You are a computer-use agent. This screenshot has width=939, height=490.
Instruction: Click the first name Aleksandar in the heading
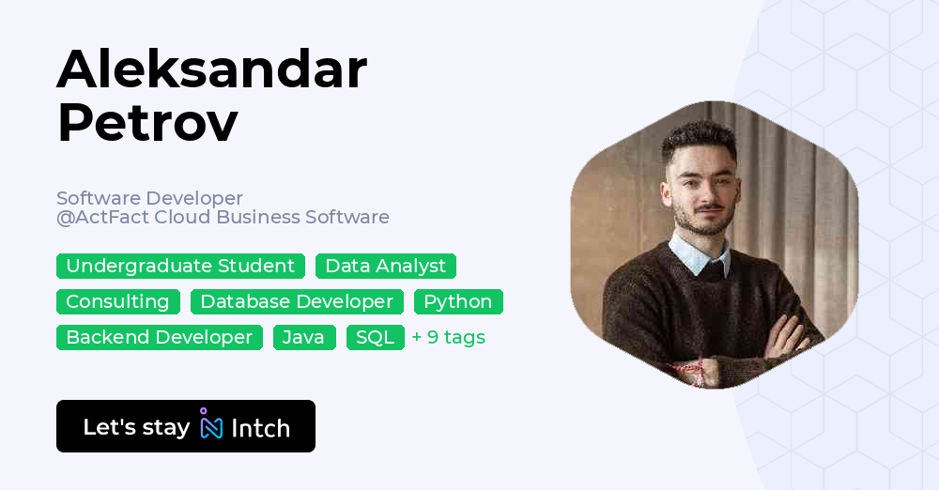(x=211, y=70)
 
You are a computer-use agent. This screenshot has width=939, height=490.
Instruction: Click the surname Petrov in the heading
(x=147, y=123)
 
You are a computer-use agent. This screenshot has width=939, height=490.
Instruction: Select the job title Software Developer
(x=149, y=198)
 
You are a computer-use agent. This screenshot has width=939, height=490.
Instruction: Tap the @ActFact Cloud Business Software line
(x=223, y=218)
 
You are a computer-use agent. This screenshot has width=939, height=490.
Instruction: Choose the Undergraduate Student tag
(x=180, y=267)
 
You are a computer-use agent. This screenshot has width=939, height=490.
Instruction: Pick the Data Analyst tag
(x=385, y=267)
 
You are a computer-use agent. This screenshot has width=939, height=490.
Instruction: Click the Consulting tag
(x=117, y=302)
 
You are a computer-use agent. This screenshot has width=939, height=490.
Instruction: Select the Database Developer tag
(x=297, y=302)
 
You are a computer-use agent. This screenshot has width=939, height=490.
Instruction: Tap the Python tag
(x=458, y=302)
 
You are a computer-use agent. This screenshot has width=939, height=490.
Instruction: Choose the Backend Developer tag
(x=160, y=338)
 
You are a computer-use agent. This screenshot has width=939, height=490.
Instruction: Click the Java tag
(x=304, y=338)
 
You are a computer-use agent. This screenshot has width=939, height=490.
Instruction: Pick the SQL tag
(x=376, y=338)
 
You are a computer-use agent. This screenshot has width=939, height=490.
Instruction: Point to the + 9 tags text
(x=449, y=338)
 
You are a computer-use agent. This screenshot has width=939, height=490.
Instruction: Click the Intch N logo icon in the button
(x=211, y=426)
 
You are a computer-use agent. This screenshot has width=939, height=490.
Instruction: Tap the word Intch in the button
(x=260, y=428)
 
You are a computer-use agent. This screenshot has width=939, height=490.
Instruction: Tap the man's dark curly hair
(x=697, y=139)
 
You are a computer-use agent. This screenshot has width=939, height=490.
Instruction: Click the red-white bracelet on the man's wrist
(x=690, y=369)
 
